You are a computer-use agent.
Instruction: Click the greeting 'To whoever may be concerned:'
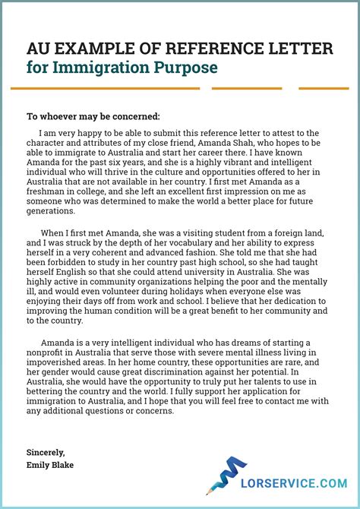point(93,116)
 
